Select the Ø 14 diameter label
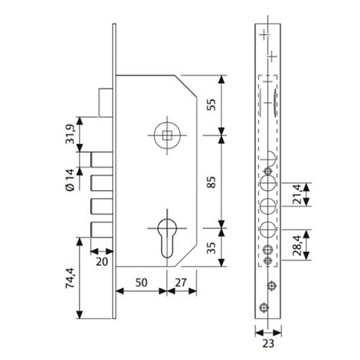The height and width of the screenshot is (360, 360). click(x=70, y=179)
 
